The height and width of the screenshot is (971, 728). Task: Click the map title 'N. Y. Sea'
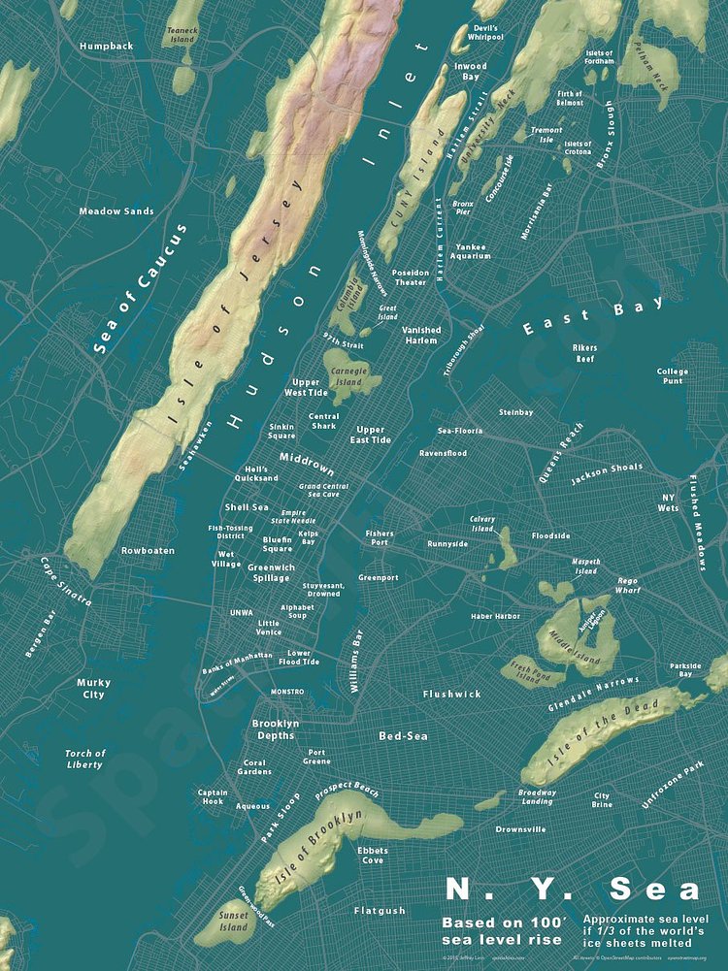tap(572, 890)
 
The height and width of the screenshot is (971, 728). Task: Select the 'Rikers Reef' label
tap(583, 352)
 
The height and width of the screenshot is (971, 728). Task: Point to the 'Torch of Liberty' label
tap(84, 759)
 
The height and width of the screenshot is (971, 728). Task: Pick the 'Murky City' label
tap(93, 689)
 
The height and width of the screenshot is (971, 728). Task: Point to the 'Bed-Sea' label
tap(403, 736)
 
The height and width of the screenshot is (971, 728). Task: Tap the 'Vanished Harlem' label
tap(421, 335)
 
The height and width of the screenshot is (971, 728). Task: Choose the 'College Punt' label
tap(672, 375)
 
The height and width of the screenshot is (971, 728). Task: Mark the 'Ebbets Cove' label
tap(373, 855)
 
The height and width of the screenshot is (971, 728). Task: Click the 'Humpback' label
tap(106, 46)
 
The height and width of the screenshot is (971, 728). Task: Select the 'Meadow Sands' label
tap(116, 210)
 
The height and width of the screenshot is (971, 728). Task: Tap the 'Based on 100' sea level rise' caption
tap(502, 931)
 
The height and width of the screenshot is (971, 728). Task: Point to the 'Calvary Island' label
tap(482, 524)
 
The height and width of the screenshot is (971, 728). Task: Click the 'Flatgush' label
tap(380, 911)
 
